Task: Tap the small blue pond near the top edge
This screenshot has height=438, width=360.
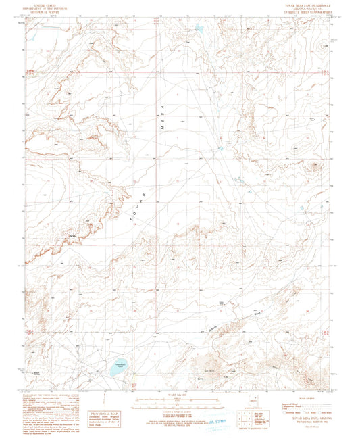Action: pos(199,29)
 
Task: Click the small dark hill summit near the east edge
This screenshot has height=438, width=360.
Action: pos(315,164)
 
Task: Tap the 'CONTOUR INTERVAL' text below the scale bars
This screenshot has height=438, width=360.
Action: pos(177,408)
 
